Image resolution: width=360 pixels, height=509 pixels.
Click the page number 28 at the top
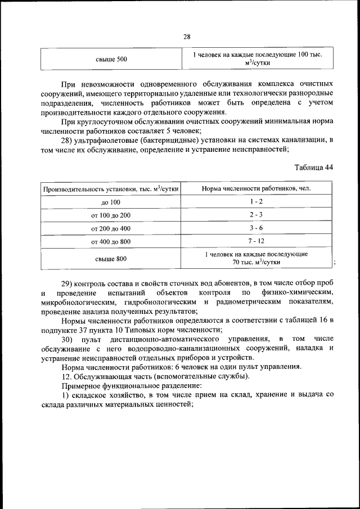(x=187, y=37)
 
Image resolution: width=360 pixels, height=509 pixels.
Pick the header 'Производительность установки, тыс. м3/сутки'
(x=111, y=188)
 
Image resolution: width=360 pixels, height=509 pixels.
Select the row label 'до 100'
(x=111, y=202)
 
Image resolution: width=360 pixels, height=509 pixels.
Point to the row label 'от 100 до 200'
(x=111, y=215)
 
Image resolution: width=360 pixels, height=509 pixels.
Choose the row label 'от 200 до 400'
(x=111, y=229)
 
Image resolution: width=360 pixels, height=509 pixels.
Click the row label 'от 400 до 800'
(x=111, y=242)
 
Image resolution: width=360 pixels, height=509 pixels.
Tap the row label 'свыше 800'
(x=111, y=259)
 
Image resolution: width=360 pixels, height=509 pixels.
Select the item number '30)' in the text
(x=68, y=339)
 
